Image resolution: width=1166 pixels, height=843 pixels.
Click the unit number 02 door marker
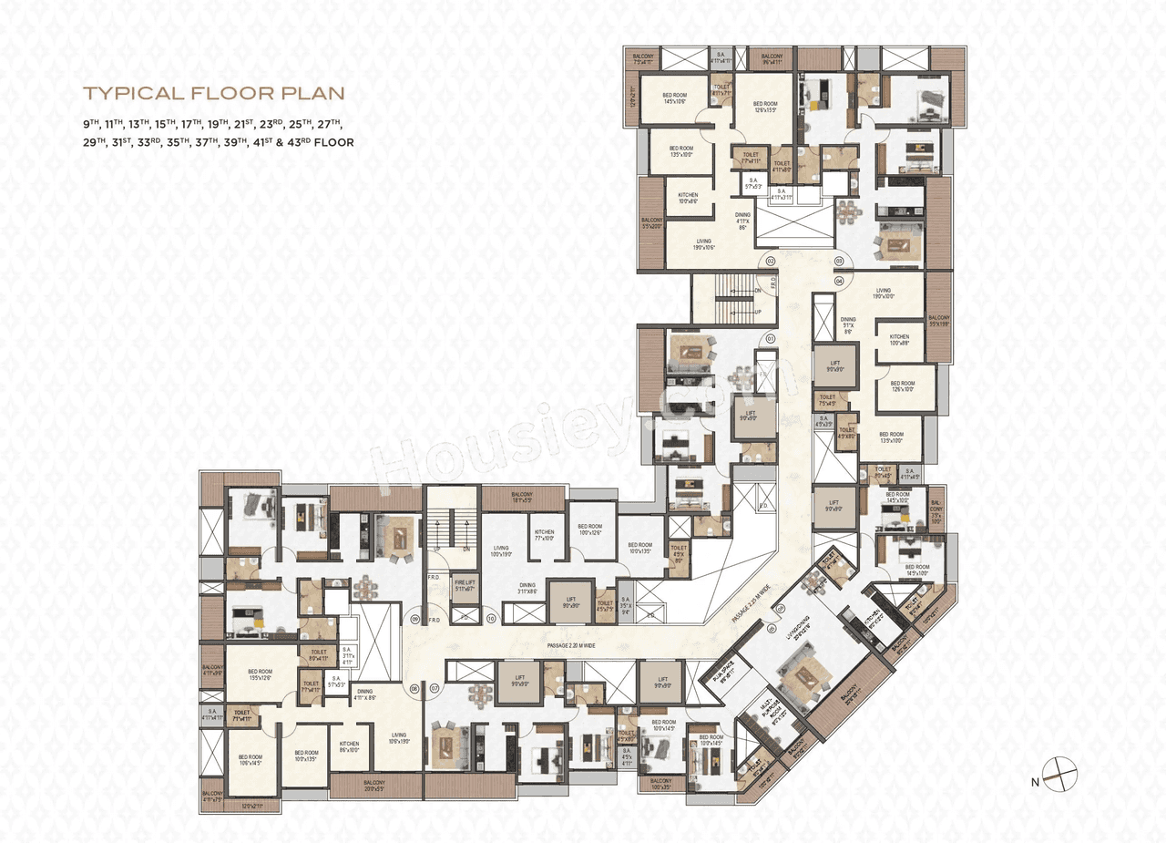[770, 262]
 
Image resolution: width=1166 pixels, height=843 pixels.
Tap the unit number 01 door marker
[770, 338]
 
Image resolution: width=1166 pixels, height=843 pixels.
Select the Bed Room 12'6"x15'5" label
[765, 108]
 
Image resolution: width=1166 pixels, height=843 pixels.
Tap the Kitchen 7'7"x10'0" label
[545, 535]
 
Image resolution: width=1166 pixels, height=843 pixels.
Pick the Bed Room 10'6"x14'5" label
[250, 759]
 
